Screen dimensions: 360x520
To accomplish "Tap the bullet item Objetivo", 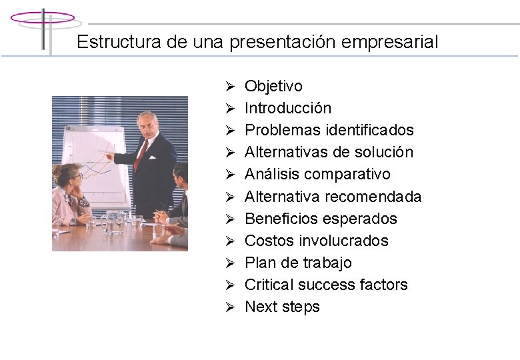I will [x=273, y=86].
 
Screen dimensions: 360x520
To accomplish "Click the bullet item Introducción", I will [x=287, y=108].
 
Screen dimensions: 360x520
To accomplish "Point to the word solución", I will [x=383, y=152].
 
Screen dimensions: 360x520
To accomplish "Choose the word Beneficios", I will [x=276, y=219].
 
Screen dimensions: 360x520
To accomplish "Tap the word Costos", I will [x=266, y=241].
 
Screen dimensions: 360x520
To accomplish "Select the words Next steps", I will [x=282, y=307].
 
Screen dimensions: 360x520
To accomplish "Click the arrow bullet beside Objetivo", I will [x=229, y=87].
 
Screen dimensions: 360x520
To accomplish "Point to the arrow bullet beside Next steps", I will [x=229, y=307].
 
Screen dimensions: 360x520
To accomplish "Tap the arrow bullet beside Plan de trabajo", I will [x=229, y=263].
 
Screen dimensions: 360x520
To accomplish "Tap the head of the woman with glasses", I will [x=71, y=175].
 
